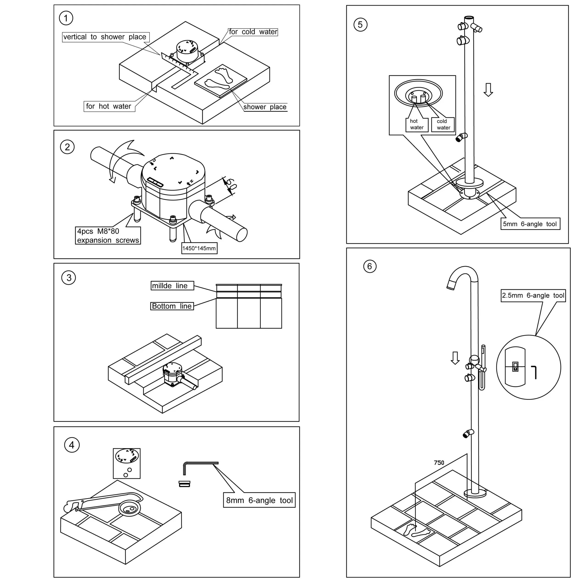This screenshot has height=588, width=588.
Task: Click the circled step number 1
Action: [x=66, y=18]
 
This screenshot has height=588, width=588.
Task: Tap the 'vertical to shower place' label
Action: [x=105, y=37]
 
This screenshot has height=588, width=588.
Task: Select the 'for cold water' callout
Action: [x=253, y=32]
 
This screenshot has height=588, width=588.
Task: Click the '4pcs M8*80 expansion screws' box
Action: [x=108, y=236]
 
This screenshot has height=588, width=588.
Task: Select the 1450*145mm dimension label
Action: [x=199, y=248]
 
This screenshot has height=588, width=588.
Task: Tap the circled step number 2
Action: [x=67, y=147]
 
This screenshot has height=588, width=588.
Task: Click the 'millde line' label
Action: [x=172, y=286]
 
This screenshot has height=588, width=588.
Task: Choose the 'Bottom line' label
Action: [x=172, y=306]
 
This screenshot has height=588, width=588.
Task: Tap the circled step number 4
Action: [x=72, y=445]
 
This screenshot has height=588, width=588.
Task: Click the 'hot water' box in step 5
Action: [x=417, y=124]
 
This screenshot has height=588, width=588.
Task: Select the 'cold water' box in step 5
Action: [x=443, y=124]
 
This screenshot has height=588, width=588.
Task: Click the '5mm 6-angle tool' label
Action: [x=530, y=224]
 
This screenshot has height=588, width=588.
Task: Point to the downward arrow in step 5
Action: [x=488, y=90]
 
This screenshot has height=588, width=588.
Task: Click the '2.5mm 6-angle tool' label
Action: [x=533, y=296]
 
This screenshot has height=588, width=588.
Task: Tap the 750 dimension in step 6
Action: [x=439, y=463]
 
